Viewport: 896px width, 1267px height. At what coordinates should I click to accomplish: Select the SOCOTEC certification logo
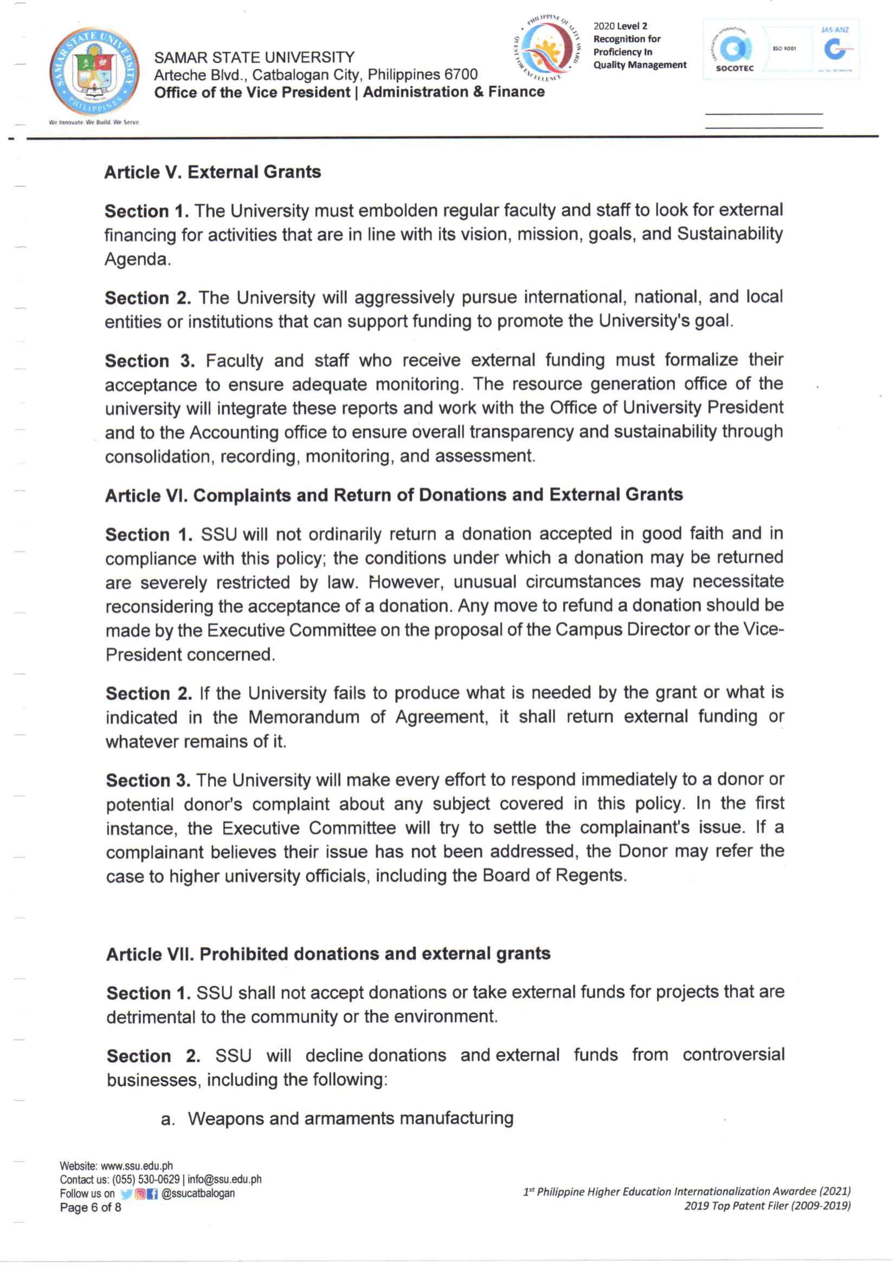734,54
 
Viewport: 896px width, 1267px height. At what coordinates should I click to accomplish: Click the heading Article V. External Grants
212,172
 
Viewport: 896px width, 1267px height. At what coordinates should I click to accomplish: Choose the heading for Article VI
394,495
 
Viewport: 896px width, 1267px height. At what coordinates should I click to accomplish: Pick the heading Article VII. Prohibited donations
328,954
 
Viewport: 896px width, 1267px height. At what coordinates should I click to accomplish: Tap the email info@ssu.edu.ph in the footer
224,1179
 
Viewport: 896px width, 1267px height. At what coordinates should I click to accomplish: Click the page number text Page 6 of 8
90,1207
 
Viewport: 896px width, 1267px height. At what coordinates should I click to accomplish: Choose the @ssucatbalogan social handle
198,1193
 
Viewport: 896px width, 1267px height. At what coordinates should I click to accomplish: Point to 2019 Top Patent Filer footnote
767,1206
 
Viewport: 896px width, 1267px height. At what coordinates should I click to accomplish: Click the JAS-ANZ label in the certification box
834,30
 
